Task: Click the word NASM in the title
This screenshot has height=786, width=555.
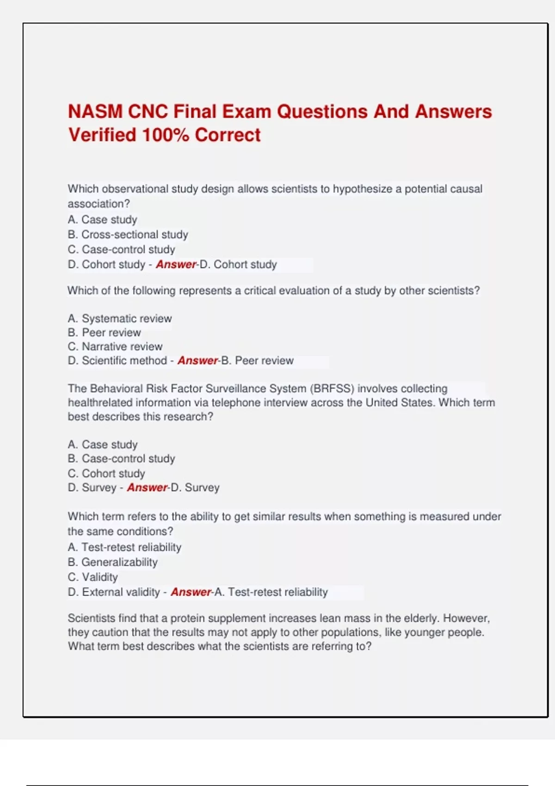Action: click(x=95, y=112)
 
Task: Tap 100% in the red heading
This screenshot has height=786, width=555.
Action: click(x=165, y=135)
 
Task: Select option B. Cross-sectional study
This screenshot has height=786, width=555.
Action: click(x=128, y=234)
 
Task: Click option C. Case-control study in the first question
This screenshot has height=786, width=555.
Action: click(x=121, y=250)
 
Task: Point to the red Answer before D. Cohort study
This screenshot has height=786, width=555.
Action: click(x=176, y=264)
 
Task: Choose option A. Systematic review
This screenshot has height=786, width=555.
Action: click(x=119, y=319)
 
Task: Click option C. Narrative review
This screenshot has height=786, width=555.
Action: click(x=115, y=347)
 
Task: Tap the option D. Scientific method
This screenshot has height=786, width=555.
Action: click(x=117, y=361)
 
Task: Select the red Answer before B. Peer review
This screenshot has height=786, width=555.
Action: click(x=197, y=361)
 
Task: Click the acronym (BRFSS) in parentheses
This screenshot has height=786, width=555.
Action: click(x=332, y=388)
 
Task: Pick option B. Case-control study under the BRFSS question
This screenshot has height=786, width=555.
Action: click(x=121, y=459)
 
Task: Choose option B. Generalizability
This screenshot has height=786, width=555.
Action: click(x=112, y=562)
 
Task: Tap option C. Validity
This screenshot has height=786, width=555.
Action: click(x=92, y=577)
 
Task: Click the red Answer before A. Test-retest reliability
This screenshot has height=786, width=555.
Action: click(x=191, y=592)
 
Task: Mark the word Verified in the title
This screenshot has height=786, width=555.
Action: click(x=102, y=135)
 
